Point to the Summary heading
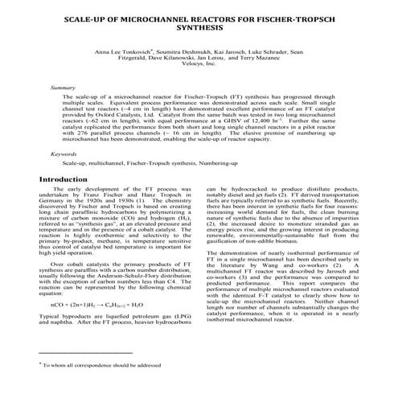63,86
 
